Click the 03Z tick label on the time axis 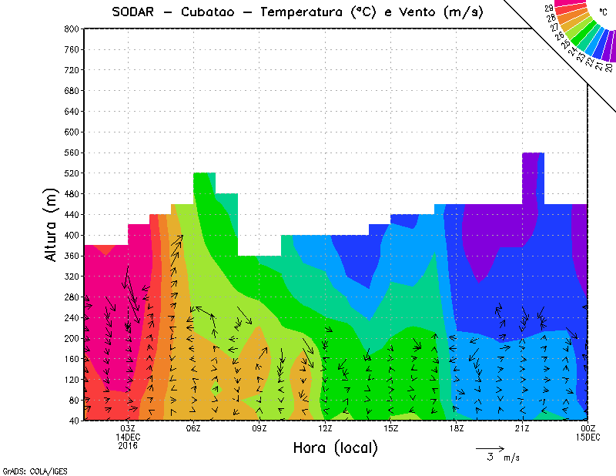128,428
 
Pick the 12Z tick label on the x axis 325,428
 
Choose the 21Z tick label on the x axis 522,428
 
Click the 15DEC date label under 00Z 588,437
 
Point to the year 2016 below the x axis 128,446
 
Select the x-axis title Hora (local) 335,448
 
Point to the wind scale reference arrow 490,448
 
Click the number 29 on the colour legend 548,8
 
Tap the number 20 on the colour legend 608,67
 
